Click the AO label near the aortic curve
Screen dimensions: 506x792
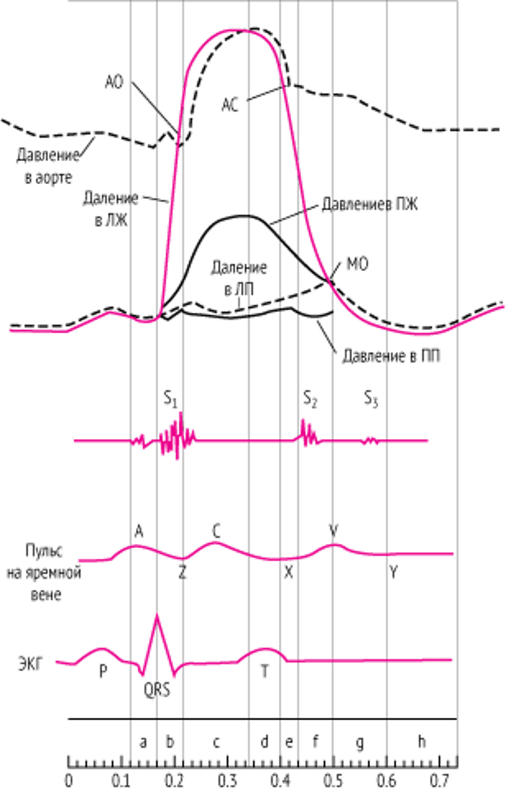click(114, 82)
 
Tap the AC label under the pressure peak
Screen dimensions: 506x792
click(230, 106)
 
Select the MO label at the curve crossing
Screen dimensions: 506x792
click(357, 265)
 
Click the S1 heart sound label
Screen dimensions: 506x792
click(171, 400)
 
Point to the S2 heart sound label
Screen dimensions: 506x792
click(311, 400)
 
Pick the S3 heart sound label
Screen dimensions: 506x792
click(371, 400)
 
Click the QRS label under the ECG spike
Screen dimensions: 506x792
click(157, 690)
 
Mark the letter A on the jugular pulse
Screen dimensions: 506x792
click(138, 531)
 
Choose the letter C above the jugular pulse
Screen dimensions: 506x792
click(216, 531)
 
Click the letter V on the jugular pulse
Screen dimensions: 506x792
click(333, 531)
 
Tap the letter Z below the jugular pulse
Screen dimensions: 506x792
click(183, 572)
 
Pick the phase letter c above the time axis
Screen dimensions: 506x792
click(217, 742)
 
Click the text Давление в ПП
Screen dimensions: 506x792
click(391, 356)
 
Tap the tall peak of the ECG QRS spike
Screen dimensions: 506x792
click(157, 614)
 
